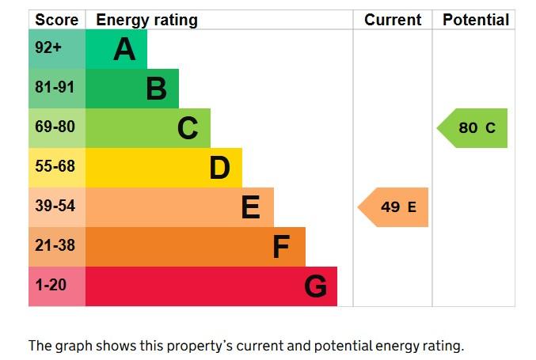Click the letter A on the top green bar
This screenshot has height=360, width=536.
pyautogui.click(x=124, y=49)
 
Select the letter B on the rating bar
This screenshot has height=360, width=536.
pyautogui.click(x=157, y=89)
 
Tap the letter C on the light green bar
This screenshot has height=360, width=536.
pyautogui.click(x=188, y=128)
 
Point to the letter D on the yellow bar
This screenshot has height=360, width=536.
pyautogui.click(x=219, y=168)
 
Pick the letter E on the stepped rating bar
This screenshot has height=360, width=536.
pyautogui.click(x=250, y=207)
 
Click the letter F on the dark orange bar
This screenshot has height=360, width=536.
pyautogui.click(x=281, y=247)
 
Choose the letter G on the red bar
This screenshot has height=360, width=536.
pyautogui.click(x=315, y=286)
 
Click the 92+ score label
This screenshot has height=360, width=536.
pyautogui.click(x=48, y=47)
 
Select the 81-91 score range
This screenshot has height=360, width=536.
pyautogui.click(x=55, y=87)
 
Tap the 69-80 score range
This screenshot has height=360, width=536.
pyautogui.click(x=55, y=127)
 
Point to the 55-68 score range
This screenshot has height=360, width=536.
pyautogui.click(x=55, y=166)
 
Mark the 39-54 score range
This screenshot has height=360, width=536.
pyautogui.click(x=55, y=206)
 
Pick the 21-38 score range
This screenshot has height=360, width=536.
pyautogui.click(x=55, y=245)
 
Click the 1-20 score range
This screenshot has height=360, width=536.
pyautogui.click(x=51, y=285)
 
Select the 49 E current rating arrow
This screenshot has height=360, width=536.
pyautogui.click(x=393, y=207)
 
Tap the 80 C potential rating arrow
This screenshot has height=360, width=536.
pyautogui.click(x=472, y=128)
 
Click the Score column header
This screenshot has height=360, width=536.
pyautogui.click(x=57, y=20)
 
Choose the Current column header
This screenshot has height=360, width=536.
pyautogui.click(x=393, y=20)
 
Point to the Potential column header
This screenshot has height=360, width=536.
pyautogui.click(x=476, y=20)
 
